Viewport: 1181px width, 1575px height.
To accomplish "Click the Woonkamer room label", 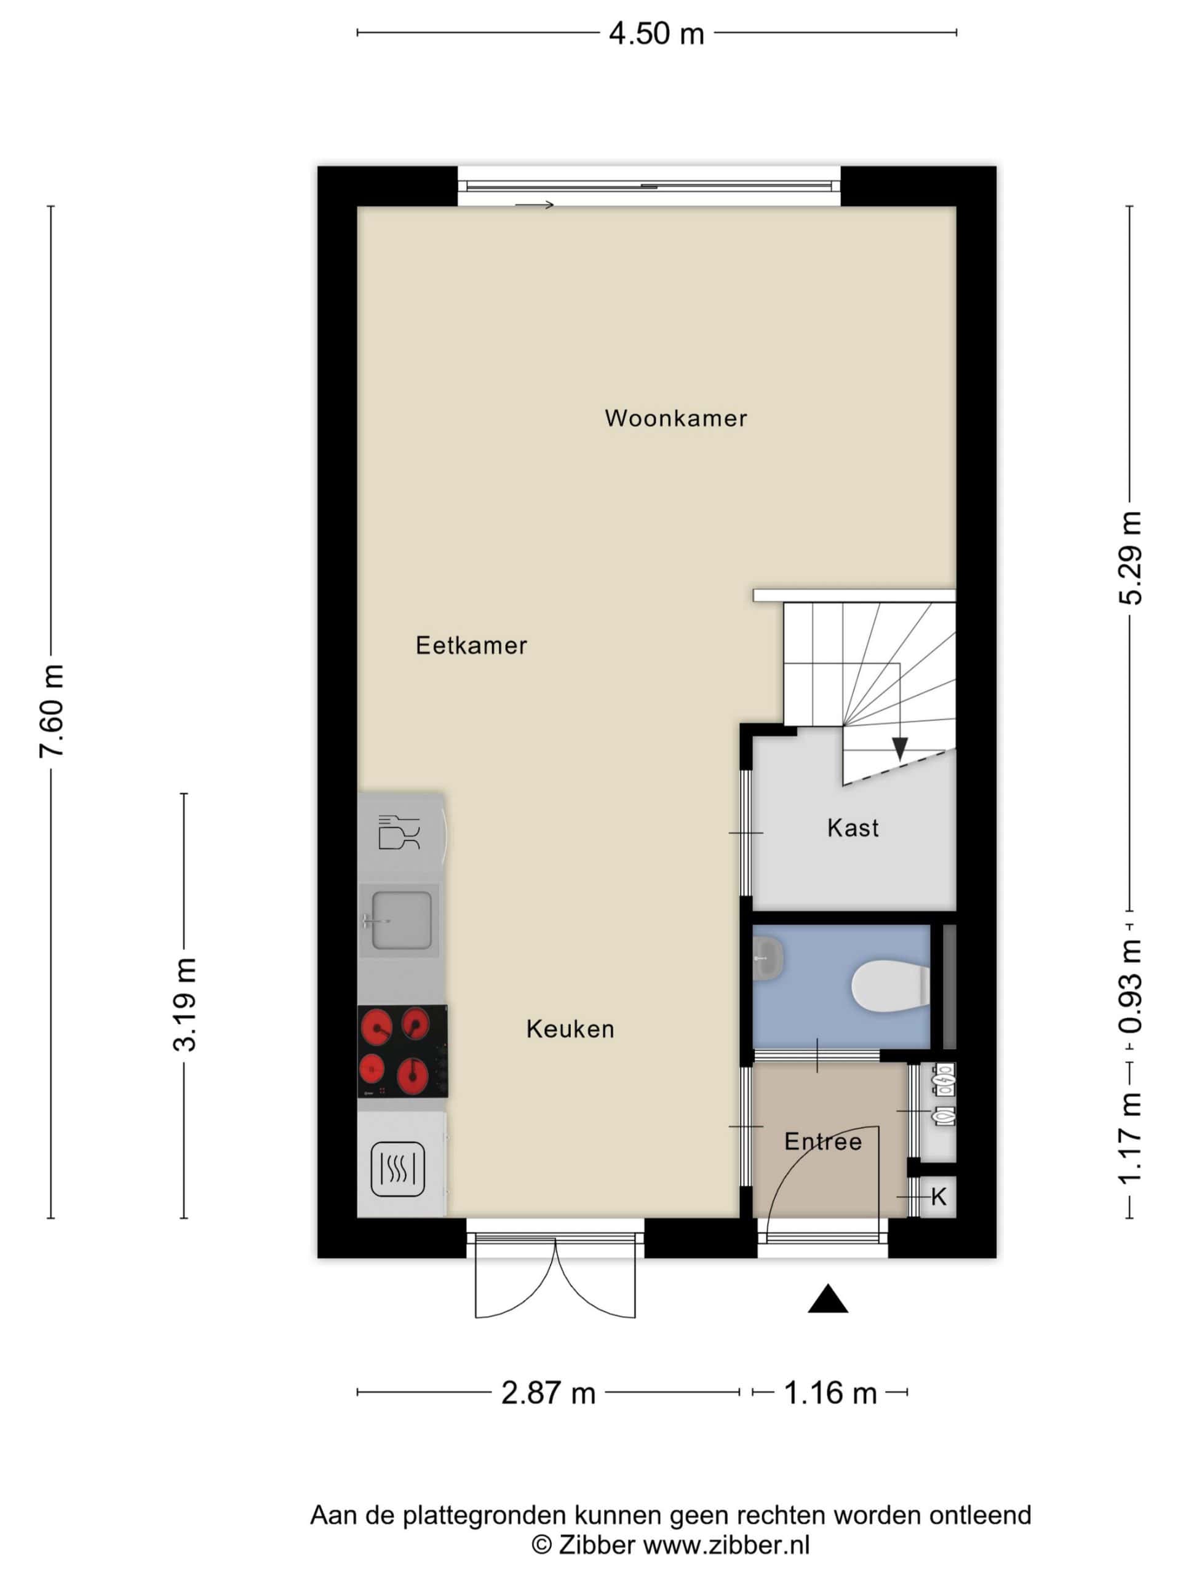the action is [x=675, y=418].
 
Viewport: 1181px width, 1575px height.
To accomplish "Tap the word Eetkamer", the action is [x=471, y=645].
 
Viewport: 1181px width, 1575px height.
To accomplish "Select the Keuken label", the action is [x=570, y=1029].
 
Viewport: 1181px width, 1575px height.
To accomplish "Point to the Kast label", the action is [x=853, y=827].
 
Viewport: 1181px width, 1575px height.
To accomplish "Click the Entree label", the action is [x=823, y=1141].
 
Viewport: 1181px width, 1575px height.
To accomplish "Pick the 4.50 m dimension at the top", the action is [x=656, y=33].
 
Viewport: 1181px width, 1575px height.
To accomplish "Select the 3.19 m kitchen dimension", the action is [x=185, y=1005].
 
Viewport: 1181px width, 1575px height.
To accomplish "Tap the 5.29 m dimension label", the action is [x=1131, y=558].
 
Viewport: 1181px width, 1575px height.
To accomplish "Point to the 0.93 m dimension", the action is [x=1131, y=987].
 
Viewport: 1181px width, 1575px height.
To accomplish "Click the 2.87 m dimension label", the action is [x=548, y=1393].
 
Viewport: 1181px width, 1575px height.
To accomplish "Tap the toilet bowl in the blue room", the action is [x=891, y=986].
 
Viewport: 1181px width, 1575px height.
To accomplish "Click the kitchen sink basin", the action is [x=402, y=920].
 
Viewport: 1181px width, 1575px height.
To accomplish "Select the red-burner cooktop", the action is [x=402, y=1051].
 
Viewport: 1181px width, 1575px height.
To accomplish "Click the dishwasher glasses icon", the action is [x=399, y=832].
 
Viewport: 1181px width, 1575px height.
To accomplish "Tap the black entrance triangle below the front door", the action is [x=828, y=1299].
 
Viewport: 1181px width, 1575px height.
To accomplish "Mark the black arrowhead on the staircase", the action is [x=900, y=748].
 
